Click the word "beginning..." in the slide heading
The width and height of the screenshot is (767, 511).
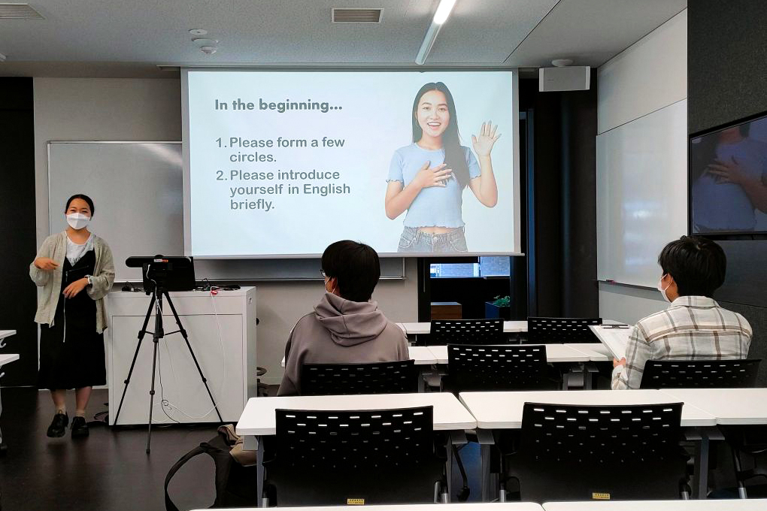click(x=300, y=106)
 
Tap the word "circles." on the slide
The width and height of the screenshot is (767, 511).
click(x=253, y=158)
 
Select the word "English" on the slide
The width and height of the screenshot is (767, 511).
click(x=326, y=189)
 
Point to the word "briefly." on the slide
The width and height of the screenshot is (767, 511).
click(x=253, y=204)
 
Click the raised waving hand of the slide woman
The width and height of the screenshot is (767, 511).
click(x=485, y=138)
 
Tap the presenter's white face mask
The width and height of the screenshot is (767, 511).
click(x=77, y=221)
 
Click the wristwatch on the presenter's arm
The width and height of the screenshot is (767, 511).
click(x=89, y=280)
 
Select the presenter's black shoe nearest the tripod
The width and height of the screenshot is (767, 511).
click(x=80, y=427)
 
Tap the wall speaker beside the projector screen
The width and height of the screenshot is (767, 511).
click(x=565, y=78)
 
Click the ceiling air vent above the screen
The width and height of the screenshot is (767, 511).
click(x=357, y=15)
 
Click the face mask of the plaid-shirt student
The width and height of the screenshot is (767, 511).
click(x=664, y=289)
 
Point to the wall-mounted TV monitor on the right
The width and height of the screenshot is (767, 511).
click(x=729, y=176)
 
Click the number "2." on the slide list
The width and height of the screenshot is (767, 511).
click(x=222, y=176)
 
